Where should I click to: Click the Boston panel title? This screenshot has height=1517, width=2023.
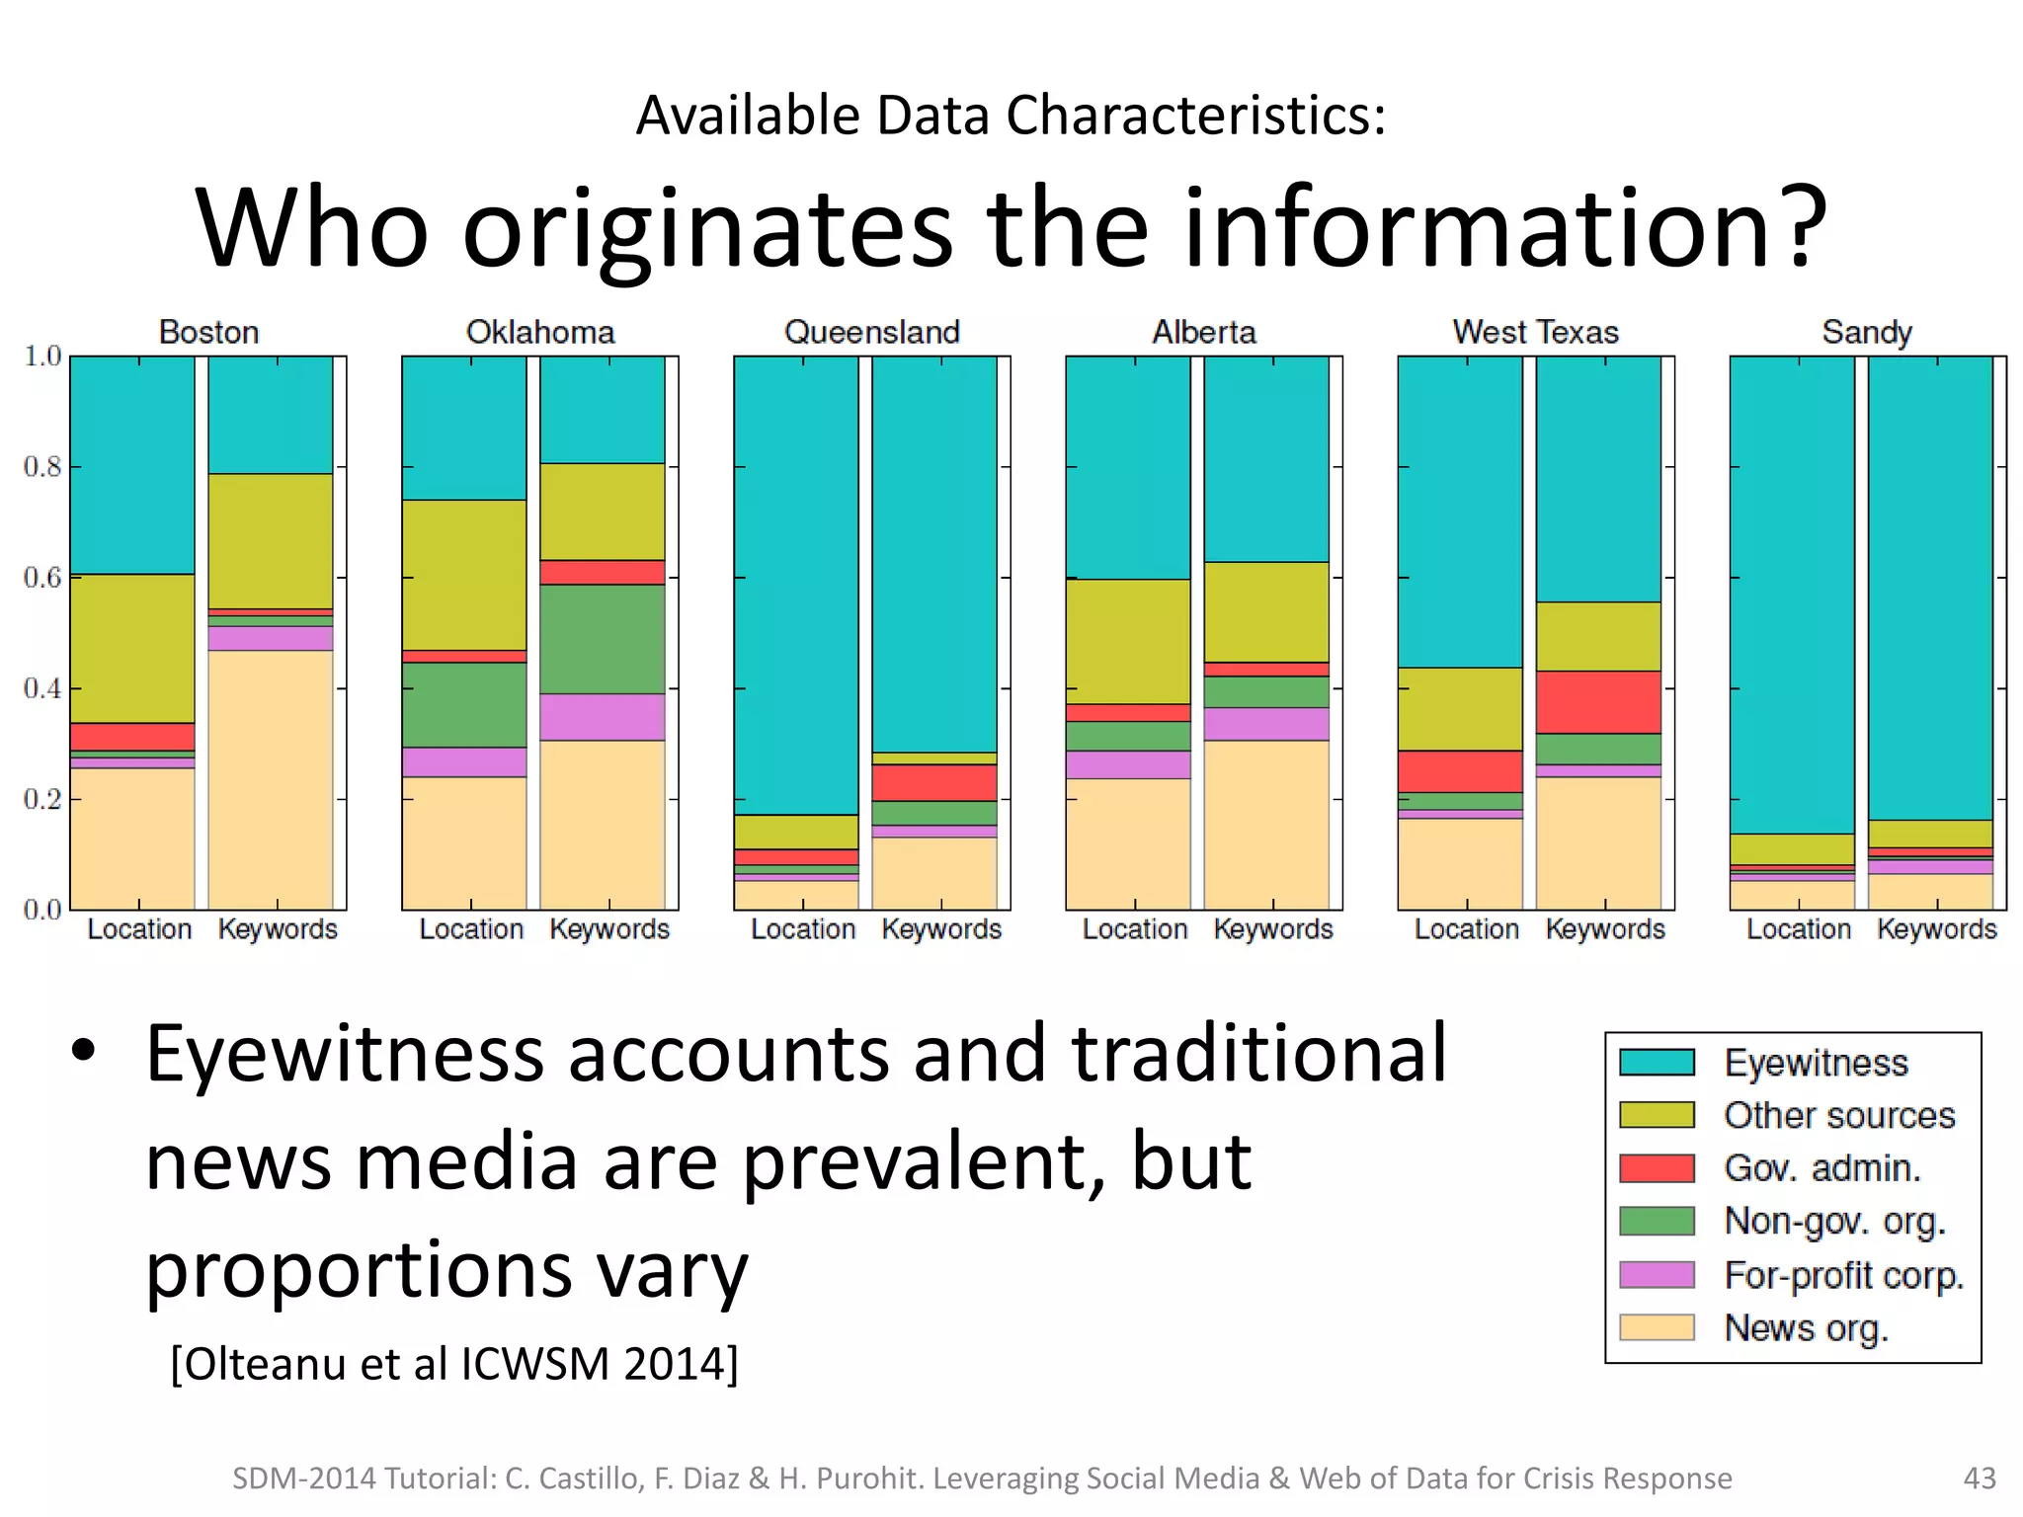pos(208,332)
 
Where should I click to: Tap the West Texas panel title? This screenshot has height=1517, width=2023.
pos(1535,332)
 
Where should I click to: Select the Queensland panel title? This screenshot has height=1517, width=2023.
pos(871,332)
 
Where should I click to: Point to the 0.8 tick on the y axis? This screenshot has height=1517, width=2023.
pos(42,466)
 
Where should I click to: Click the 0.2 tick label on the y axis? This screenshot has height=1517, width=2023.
pos(42,799)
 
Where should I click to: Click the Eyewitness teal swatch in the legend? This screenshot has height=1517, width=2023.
pos(1657,1063)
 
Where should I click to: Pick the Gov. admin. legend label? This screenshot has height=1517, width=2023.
pos(1822,1168)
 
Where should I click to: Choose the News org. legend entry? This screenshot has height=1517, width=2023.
pos(1806,1328)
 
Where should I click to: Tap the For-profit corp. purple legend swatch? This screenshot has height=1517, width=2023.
pos(1657,1275)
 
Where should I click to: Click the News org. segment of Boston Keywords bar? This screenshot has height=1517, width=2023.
pos(271,780)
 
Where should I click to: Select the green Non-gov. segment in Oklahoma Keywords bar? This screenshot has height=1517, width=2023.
pos(602,639)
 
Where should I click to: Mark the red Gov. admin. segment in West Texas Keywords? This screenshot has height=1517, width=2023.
pos(1597,702)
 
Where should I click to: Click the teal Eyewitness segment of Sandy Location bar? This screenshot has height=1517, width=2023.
pos(1792,593)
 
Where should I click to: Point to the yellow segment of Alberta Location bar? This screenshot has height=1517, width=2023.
pos(1128,642)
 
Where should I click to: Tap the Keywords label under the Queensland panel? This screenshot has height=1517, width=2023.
pos(940,929)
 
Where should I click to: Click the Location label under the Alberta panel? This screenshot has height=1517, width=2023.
pos(1135,929)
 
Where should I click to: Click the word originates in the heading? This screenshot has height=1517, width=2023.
pos(707,229)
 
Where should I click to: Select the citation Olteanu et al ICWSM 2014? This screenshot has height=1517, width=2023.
pos(454,1364)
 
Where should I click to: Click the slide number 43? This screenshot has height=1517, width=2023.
pos(1980,1477)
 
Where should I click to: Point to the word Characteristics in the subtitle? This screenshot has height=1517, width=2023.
pos(1195,116)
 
